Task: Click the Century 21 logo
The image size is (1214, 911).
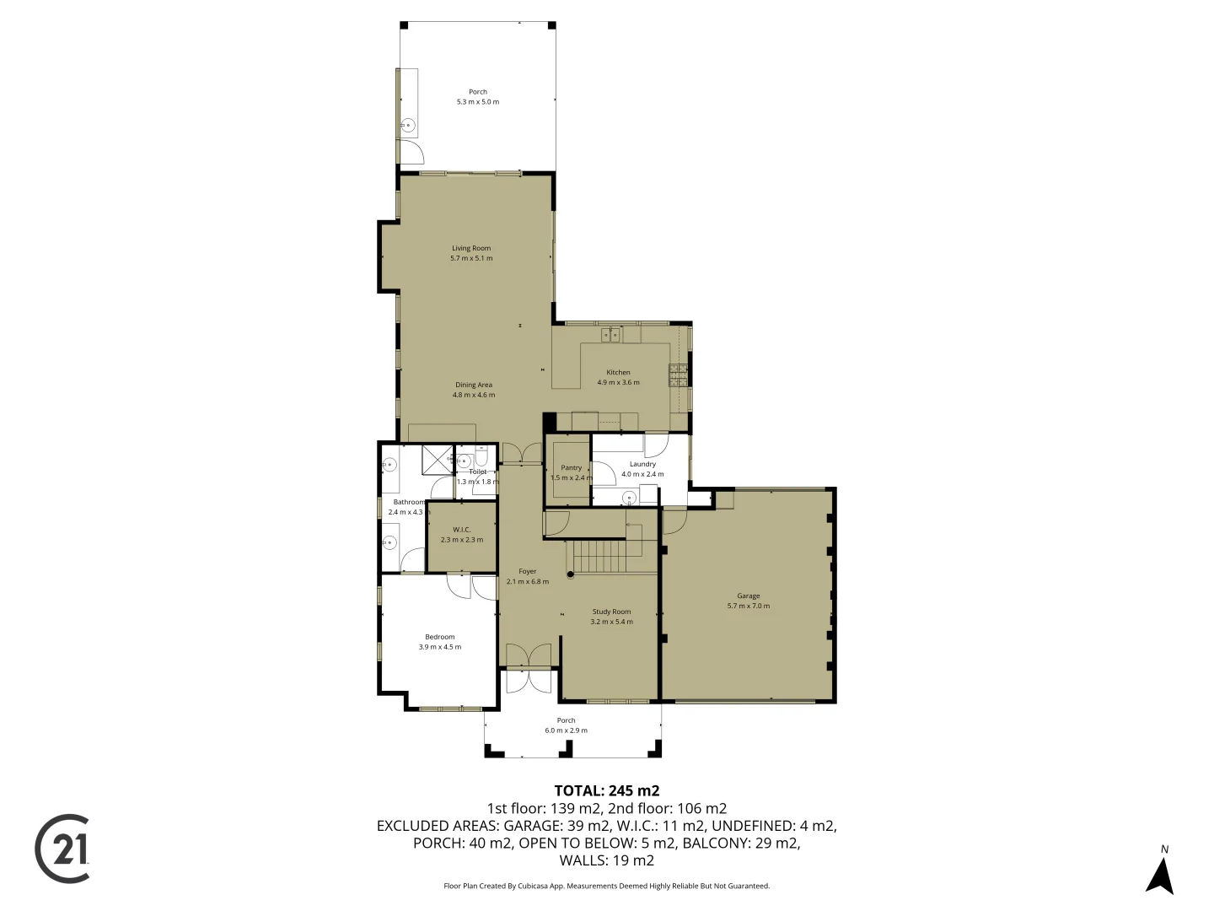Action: click(62, 849)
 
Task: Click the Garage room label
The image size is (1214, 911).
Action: click(748, 596)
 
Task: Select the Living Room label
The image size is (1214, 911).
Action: click(470, 248)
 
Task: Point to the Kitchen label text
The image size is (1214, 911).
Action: click(618, 372)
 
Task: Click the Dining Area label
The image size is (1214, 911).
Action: click(473, 385)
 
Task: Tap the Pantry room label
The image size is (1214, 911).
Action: click(571, 467)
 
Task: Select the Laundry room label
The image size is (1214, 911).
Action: click(642, 464)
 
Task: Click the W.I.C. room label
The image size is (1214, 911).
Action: click(461, 530)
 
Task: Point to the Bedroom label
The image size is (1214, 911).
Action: click(439, 637)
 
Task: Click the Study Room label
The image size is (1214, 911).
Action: click(611, 612)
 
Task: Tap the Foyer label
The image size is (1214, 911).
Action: click(527, 571)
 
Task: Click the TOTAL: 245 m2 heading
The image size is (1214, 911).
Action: click(606, 790)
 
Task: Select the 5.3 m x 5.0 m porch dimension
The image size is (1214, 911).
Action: click(477, 102)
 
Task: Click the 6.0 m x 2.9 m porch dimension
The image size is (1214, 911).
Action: click(566, 730)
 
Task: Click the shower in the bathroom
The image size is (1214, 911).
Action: click(437, 460)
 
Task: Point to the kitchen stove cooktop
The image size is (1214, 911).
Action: click(678, 374)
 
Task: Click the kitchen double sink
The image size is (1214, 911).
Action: click(610, 336)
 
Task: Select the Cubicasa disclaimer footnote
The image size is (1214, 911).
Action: click(606, 886)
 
